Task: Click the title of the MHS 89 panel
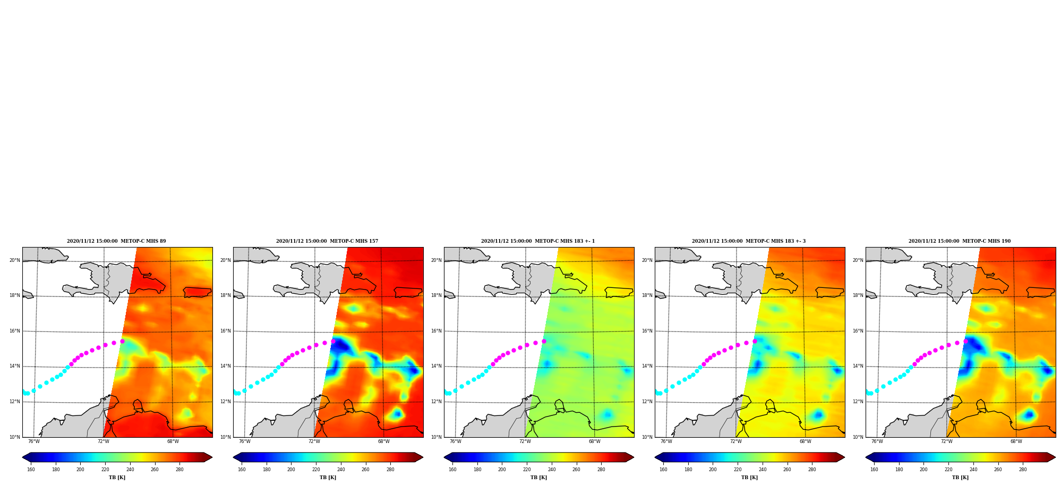[x=116, y=241]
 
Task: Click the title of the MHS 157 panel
[x=327, y=241]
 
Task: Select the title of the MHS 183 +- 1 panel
[x=538, y=241]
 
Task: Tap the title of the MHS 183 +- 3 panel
[x=749, y=241]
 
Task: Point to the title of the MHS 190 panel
[x=960, y=241]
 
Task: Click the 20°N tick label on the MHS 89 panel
[x=14, y=260]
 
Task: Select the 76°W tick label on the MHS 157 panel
[x=245, y=441]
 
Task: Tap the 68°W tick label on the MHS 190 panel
[x=1016, y=441]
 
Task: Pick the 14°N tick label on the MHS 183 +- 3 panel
[x=647, y=366]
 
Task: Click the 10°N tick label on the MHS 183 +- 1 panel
[x=436, y=437]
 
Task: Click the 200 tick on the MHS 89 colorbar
[x=80, y=470]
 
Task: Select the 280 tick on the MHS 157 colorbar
[x=390, y=470]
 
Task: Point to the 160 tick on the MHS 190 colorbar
[x=874, y=470]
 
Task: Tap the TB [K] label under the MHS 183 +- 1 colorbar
[x=538, y=478]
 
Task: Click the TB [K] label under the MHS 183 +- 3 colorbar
[x=749, y=478]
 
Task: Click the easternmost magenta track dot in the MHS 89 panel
[x=122, y=342]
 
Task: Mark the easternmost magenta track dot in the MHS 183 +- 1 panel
[x=544, y=342]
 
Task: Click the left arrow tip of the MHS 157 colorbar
[x=233, y=457]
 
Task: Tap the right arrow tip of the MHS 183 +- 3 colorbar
[x=845, y=457]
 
